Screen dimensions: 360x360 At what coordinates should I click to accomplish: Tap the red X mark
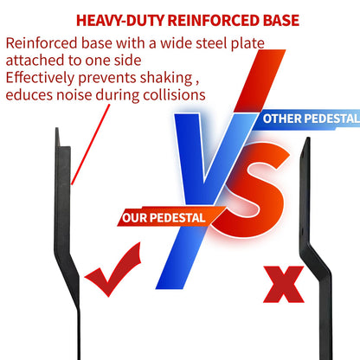284,284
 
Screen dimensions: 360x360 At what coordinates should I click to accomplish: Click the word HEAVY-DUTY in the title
120,21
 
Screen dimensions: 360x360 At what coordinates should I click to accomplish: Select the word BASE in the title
281,21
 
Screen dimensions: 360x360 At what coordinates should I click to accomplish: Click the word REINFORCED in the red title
214,21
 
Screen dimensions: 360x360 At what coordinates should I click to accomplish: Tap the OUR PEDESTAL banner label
164,218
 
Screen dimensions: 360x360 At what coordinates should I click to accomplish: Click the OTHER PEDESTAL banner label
311,119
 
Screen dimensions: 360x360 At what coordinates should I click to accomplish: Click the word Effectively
40,78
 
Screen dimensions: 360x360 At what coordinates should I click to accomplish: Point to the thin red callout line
91,145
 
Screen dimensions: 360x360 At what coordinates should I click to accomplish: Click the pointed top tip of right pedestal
308,138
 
